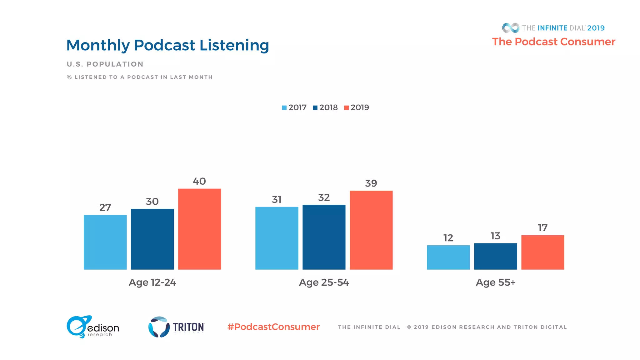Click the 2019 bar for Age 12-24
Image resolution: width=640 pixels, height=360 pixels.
[199, 229]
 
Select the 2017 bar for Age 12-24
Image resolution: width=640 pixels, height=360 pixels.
[105, 242]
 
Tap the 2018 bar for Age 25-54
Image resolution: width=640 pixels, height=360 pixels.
[324, 237]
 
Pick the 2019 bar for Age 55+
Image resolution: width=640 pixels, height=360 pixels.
[542, 252]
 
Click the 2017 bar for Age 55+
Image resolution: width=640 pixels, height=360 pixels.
[448, 257]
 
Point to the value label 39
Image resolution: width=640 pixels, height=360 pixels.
[371, 183]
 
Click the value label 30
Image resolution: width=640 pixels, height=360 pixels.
[152, 202]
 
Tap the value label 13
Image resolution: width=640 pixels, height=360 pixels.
[495, 236]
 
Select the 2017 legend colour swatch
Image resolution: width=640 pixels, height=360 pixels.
[284, 108]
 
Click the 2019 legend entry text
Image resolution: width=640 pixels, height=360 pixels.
[360, 107]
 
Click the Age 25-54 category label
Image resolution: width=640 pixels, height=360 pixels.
[324, 282]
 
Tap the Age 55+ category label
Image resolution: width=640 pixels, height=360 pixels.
[495, 282]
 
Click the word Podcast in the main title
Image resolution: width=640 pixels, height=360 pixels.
[164, 45]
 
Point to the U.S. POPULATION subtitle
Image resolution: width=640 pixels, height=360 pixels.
[105, 64]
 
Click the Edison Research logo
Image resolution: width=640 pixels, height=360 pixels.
[93, 327]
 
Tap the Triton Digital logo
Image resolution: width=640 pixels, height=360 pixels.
[176, 327]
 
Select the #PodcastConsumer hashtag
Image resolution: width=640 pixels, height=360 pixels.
[273, 327]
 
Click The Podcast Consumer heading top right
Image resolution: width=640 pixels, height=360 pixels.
[553, 42]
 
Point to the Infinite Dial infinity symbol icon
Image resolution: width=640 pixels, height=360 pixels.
[511, 28]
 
